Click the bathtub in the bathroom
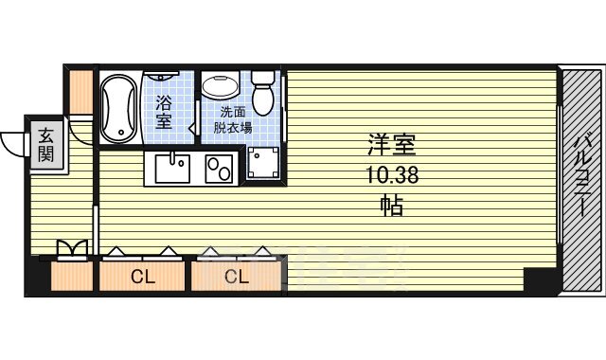tap(119, 108)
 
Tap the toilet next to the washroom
tap(263, 92)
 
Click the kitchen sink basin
tap(172, 169)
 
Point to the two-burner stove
tap(219, 169)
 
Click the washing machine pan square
tap(263, 162)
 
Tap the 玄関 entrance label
tap(45, 145)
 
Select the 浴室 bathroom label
tap(164, 112)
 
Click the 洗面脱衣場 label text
tap(233, 119)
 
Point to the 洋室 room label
tap(392, 145)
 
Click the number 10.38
tap(392, 175)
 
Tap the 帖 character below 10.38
tap(392, 206)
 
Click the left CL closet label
tap(143, 277)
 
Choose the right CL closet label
tap(237, 277)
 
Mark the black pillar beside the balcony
tap(541, 279)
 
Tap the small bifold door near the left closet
tap(72, 248)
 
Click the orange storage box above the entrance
tap(80, 92)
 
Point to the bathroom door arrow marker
tap(192, 128)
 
